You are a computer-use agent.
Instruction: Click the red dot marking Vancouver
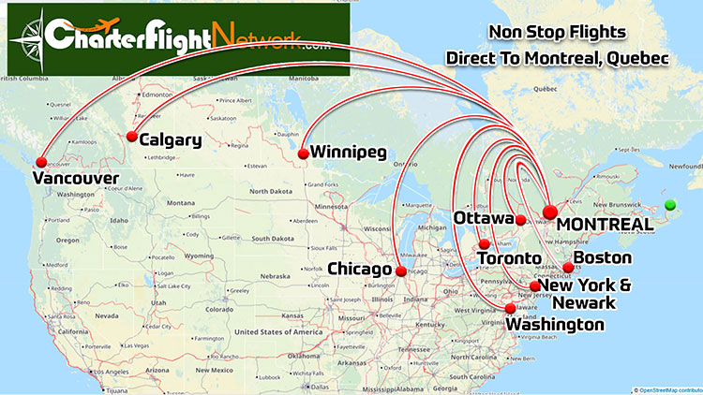coord(39,160)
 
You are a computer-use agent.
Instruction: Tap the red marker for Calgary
coord(131,137)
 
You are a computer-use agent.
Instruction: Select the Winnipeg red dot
coord(303,154)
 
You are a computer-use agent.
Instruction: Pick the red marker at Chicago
coord(401,271)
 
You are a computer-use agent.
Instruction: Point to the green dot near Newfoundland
coord(669,205)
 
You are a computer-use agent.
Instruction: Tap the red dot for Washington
coord(510,309)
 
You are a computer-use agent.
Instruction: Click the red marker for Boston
coord(568,268)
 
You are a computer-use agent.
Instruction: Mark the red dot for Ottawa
coord(520,220)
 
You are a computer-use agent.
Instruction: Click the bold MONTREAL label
coord(605,226)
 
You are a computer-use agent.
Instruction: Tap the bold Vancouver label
coord(75,177)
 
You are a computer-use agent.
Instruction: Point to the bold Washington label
coord(556,325)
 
